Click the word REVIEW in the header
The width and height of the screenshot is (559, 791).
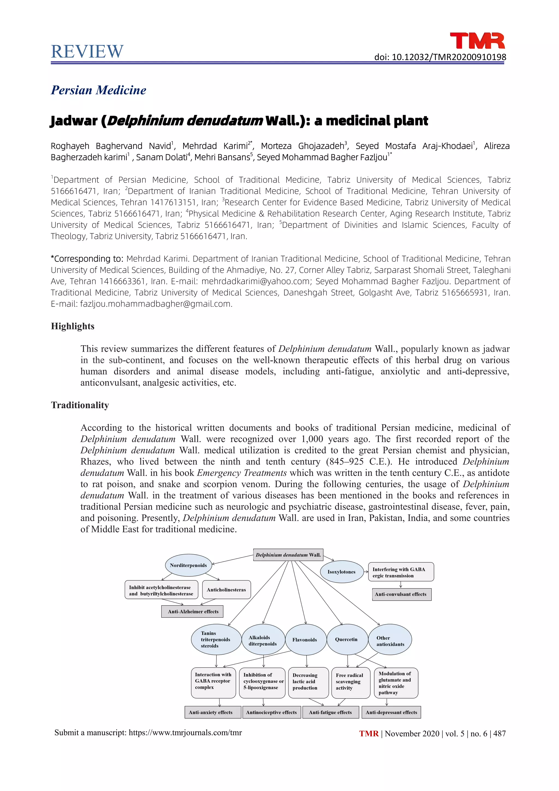pos(87,52)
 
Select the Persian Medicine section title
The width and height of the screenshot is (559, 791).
pos(99,90)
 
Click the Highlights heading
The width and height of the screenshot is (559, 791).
pos(73,326)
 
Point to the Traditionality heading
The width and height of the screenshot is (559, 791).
pos(80,405)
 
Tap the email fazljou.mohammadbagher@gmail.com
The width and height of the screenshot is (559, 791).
pos(156,304)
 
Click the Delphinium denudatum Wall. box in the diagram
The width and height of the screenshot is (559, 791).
pos(288,555)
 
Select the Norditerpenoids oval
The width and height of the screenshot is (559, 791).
pos(188,565)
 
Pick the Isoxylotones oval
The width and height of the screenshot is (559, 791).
pos(341,572)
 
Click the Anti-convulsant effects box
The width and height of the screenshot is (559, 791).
pos(401,594)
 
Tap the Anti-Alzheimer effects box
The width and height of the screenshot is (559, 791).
pos(193,612)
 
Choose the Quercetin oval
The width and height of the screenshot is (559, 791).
pos(346,639)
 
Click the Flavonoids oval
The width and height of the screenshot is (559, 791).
pos(305,640)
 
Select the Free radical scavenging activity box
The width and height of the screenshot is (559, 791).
pos(350,682)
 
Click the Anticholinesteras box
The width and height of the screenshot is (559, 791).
pos(226,590)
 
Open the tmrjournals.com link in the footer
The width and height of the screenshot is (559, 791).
pos(185,733)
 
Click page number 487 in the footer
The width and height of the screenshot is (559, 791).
pos(499,733)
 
